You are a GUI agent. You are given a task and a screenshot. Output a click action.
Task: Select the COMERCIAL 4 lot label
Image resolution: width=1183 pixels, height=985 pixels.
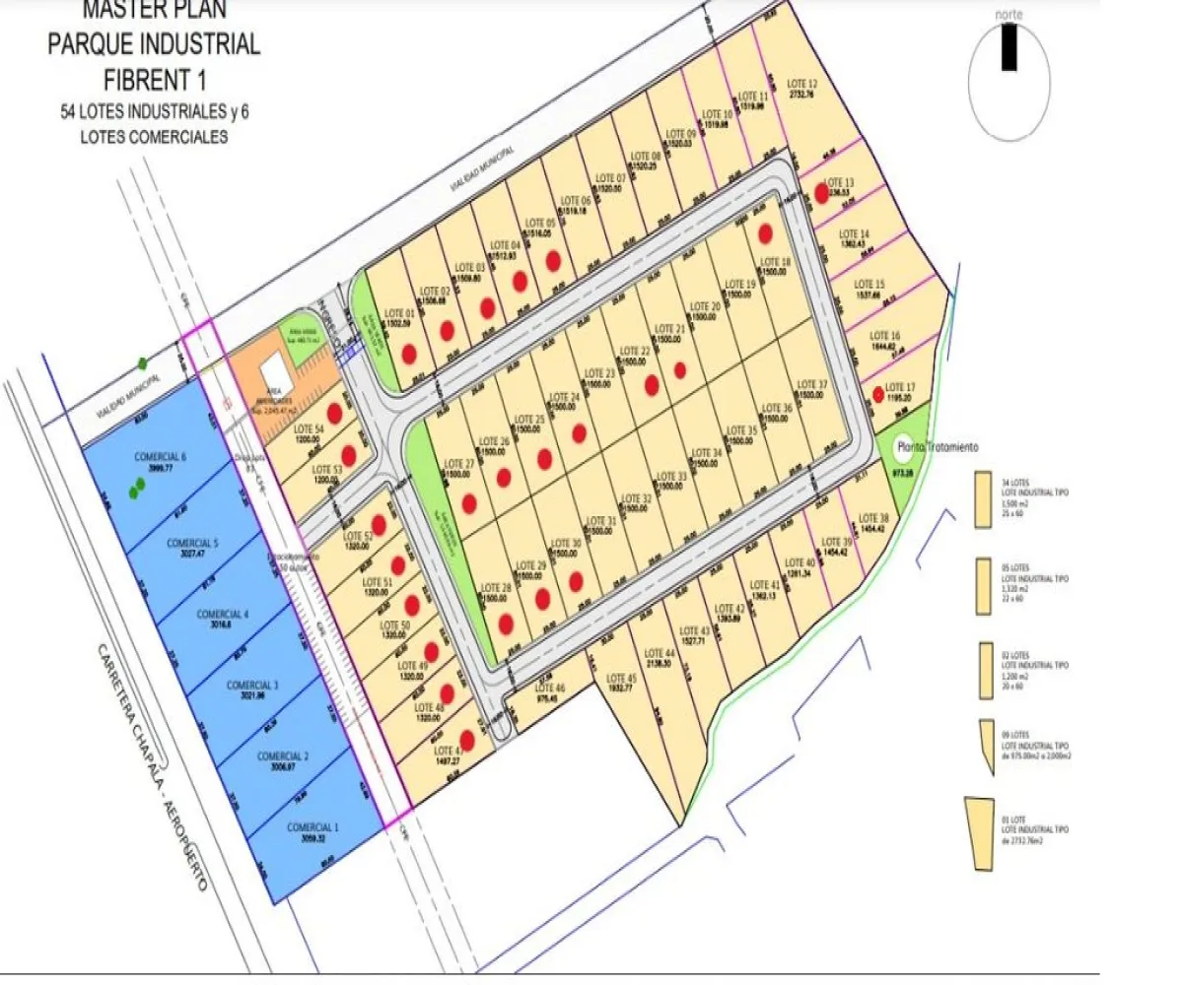coord(222,614)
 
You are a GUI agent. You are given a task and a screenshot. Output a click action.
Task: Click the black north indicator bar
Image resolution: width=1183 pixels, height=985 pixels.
coord(1009,47)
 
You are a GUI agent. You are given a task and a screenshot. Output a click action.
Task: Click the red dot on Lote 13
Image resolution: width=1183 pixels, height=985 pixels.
coord(821,194)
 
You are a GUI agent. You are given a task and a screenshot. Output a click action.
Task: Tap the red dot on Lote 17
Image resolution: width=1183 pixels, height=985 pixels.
coord(877,395)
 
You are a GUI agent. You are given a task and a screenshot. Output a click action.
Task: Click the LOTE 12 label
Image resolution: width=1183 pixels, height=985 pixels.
coord(802,83)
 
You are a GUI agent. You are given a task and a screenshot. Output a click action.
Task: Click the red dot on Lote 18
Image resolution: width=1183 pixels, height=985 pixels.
coord(765,233)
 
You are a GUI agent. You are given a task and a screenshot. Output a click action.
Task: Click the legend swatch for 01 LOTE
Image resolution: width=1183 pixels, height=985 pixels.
coord(980,833)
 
